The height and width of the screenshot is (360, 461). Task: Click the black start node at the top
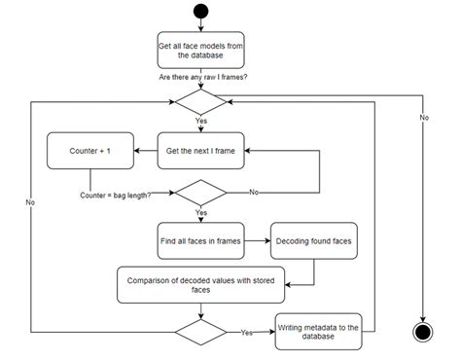[x=199, y=13]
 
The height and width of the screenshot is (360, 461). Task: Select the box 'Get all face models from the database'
[x=199, y=50]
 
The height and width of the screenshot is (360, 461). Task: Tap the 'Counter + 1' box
[x=91, y=151]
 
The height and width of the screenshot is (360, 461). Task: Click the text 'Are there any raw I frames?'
[x=199, y=76]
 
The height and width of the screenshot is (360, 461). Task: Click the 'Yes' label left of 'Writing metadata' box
[x=246, y=332]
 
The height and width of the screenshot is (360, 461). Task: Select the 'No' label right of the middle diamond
[x=255, y=193]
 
